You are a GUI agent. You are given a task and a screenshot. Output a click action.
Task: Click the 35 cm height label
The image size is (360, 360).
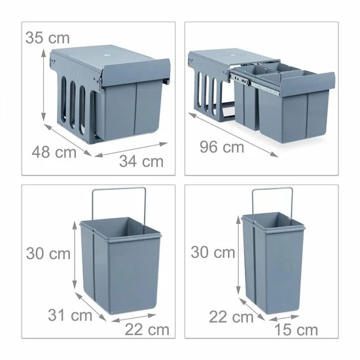[48, 38]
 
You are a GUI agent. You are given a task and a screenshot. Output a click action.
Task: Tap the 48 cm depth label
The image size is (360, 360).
[54, 152]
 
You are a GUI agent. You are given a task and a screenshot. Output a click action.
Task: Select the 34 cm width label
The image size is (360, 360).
[141, 161]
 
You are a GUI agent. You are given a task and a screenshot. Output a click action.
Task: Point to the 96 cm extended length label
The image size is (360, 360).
[222, 147]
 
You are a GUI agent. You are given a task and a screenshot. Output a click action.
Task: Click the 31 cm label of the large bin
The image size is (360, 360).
[70, 315]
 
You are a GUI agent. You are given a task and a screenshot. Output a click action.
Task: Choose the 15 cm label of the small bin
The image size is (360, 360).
[296, 330]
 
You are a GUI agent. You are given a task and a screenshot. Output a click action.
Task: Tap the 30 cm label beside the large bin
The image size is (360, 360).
[48, 253]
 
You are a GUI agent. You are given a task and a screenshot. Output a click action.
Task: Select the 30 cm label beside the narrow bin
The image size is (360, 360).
[213, 252]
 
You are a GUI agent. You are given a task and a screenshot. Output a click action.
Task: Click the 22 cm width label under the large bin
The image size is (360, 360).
[147, 330]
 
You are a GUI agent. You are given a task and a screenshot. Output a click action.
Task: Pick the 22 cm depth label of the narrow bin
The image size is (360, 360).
[231, 317]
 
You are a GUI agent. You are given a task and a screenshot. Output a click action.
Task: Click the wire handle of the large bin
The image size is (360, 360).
[119, 189]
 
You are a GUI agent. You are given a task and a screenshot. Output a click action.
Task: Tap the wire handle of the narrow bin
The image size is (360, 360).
[272, 189]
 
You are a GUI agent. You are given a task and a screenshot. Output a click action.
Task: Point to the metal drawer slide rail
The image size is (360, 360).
[255, 84]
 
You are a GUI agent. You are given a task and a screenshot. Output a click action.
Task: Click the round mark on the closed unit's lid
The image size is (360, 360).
[107, 56]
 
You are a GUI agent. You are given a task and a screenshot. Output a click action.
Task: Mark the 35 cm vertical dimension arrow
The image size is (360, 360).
[43, 85]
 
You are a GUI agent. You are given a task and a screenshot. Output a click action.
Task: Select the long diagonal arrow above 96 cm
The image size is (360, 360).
[233, 135]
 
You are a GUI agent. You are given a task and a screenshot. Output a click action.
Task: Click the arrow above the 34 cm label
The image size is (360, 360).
[131, 150]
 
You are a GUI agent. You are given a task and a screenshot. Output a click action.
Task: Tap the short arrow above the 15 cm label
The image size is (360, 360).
[284, 317]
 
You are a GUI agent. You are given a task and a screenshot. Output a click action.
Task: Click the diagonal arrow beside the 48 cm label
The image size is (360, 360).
[67, 140]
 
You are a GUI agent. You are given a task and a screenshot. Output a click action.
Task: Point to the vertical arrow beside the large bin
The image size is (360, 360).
[75, 255]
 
